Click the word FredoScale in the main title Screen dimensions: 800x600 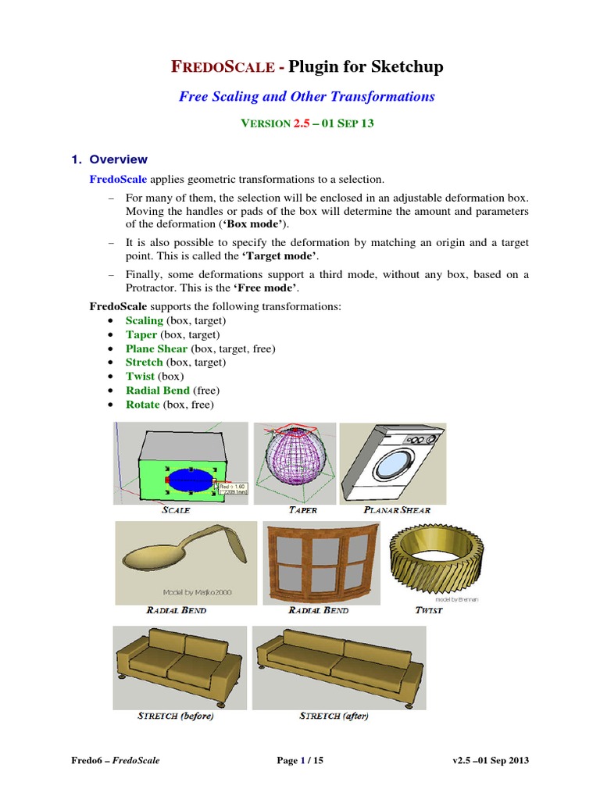coord(221,67)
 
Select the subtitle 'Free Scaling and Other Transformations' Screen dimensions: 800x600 coord(306,97)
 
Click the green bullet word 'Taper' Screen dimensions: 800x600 coord(141,334)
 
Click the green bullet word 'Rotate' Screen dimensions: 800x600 coord(143,405)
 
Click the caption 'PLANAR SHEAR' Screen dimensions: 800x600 coord(397,510)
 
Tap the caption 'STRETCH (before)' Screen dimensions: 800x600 coord(176,716)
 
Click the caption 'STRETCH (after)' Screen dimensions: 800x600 coord(334,716)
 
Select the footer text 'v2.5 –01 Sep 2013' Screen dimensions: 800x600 coord(495,761)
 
